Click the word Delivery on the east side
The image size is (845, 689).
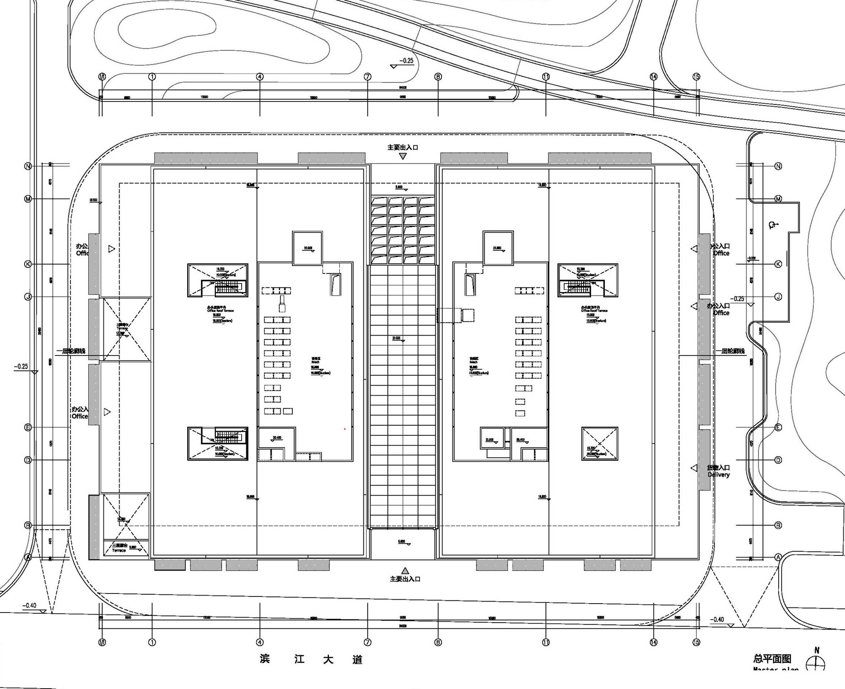[719, 475]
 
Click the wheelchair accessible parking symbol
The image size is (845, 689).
[773, 225]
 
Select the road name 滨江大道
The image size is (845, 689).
[311, 659]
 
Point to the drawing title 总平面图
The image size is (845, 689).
[772, 659]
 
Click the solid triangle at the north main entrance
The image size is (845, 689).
[403, 156]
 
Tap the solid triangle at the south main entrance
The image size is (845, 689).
[405, 570]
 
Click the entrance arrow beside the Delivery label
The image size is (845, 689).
[694, 468]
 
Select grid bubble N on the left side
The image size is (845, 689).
[28, 166]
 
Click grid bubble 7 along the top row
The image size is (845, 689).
[368, 77]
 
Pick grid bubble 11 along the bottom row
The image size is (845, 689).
[546, 642]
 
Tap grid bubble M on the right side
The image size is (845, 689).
[778, 199]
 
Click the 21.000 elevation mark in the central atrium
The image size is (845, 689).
[397, 339]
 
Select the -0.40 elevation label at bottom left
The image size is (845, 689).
[30, 605]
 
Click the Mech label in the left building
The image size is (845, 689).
[316, 362]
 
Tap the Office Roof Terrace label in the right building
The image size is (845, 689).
[594, 310]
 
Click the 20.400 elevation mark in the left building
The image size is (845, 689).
[277, 438]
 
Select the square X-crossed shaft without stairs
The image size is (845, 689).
[600, 443]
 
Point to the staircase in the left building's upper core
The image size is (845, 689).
[229, 288]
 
